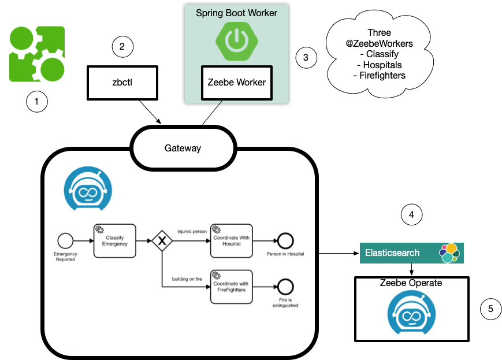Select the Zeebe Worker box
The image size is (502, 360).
236,82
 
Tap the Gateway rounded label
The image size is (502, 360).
183,148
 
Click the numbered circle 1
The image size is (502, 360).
37,103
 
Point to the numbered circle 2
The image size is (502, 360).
122,47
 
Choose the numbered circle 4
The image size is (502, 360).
411,215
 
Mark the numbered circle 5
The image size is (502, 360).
490,309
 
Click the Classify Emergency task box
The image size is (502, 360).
114,241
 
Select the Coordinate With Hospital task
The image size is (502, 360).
232,241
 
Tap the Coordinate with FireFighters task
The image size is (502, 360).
231,286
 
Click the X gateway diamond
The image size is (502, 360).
162,241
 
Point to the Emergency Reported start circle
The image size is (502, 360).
65,241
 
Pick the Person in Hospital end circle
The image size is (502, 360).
285,241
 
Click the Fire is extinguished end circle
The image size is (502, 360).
285,286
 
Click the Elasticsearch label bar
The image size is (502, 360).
396,253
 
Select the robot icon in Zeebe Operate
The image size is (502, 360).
412,313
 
